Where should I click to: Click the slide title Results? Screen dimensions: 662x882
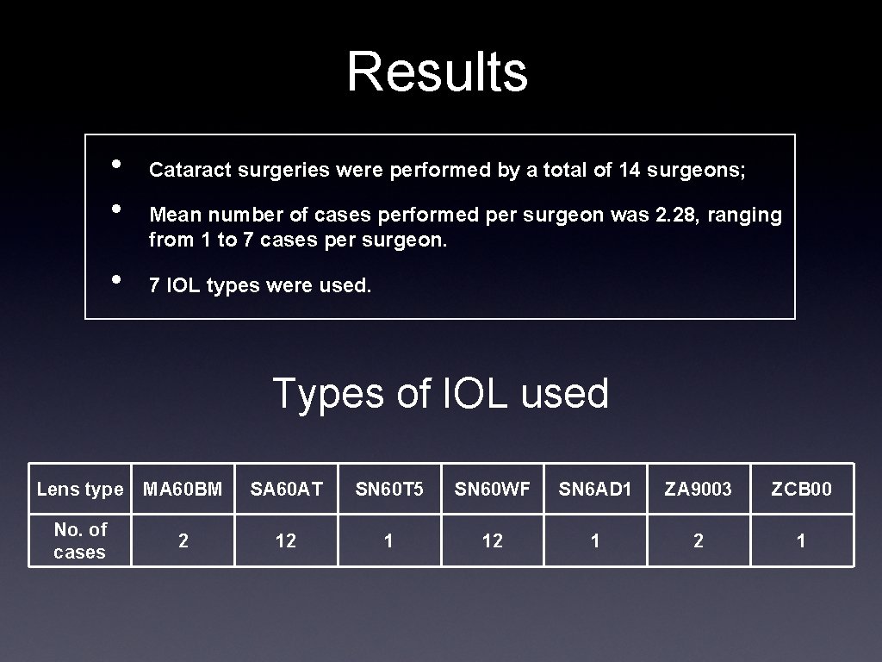(x=437, y=72)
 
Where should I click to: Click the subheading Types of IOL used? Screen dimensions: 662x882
(x=440, y=394)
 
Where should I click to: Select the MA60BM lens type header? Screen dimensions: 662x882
(x=183, y=490)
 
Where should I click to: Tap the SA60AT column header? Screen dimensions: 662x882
(x=286, y=490)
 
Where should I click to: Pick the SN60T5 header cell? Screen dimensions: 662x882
(x=389, y=490)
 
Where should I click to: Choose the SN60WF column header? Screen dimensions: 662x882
(x=493, y=490)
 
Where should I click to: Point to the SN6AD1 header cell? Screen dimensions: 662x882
(x=595, y=490)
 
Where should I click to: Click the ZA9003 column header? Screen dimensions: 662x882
(x=699, y=490)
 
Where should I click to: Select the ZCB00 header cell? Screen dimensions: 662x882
(x=801, y=490)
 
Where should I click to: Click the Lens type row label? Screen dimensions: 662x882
(x=80, y=490)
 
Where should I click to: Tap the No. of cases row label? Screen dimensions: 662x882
(x=80, y=540)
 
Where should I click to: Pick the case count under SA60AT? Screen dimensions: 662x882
(x=286, y=541)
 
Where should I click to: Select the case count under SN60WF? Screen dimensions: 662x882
(x=493, y=541)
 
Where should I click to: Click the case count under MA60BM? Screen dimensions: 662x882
(x=183, y=541)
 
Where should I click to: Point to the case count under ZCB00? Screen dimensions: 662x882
(x=801, y=541)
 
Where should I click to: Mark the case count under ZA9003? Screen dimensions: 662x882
(x=699, y=541)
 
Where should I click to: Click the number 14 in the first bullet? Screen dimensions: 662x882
(x=629, y=171)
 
